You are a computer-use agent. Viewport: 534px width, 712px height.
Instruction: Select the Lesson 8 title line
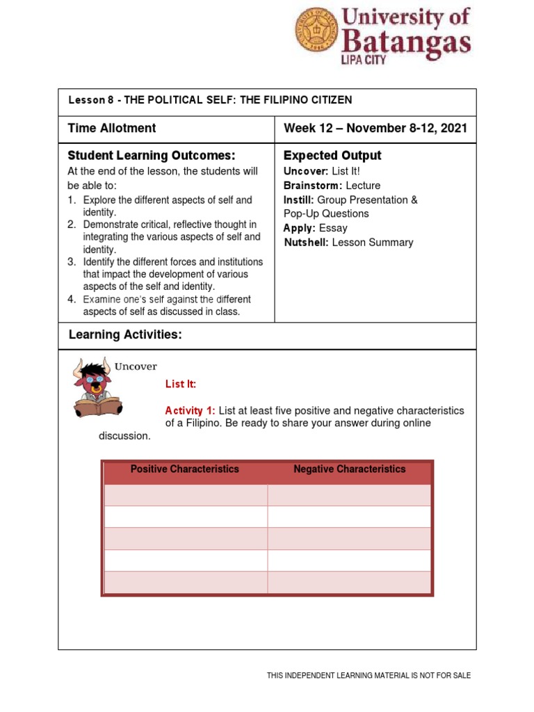pos(210,100)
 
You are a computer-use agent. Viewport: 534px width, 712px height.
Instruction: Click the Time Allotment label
pos(112,128)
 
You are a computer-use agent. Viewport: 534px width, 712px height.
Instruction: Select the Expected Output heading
pos(332,155)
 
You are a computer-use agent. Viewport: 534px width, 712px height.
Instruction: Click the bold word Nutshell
pos(307,242)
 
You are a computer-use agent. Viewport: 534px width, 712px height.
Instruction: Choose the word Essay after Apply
pos(333,228)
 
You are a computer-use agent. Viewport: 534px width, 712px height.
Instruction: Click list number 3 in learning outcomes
pos(72,262)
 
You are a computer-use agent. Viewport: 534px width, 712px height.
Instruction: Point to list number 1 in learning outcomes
pos(72,200)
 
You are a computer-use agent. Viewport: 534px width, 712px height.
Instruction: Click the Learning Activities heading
pos(125,335)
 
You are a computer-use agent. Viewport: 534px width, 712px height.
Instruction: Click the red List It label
pos(181,384)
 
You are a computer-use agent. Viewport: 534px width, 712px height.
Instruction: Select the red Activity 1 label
pos(191,410)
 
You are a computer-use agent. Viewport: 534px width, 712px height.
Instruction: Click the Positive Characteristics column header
pos(184,469)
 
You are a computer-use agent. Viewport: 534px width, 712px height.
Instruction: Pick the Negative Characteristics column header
pos(349,469)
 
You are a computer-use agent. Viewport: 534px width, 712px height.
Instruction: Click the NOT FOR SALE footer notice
pos(369,675)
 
